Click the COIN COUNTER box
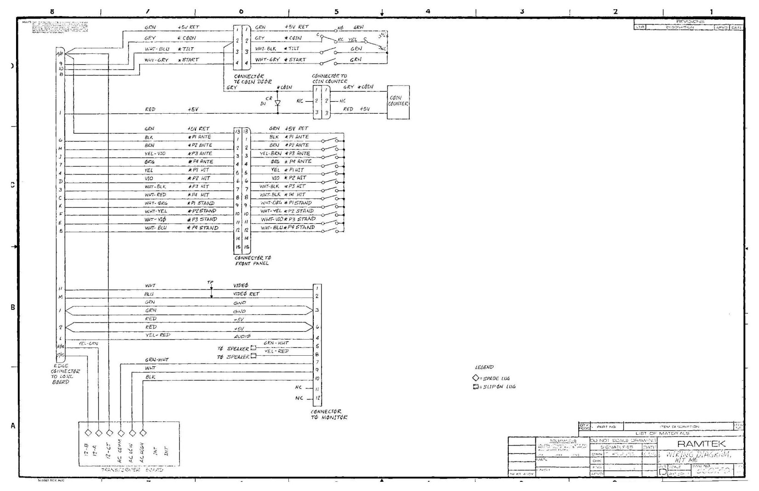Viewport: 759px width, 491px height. coord(398,102)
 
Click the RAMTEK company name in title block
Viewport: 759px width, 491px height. coord(701,444)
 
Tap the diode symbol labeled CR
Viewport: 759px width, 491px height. coord(277,104)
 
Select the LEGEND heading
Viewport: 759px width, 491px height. coord(484,367)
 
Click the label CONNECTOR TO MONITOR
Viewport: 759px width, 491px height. coord(329,415)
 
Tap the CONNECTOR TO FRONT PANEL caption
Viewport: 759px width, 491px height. coord(253,261)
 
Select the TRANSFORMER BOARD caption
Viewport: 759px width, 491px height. coord(132,470)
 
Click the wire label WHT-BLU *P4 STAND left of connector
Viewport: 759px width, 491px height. coord(181,228)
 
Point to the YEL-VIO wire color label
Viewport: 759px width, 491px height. coord(155,154)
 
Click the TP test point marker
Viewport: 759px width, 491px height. coord(211,282)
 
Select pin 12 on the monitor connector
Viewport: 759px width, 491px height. coord(317,398)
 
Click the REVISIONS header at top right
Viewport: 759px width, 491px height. coord(690,22)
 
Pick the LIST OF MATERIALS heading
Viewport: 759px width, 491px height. coord(662,433)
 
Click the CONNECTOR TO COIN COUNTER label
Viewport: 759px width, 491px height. coord(329,79)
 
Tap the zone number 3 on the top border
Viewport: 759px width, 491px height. coord(522,12)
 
